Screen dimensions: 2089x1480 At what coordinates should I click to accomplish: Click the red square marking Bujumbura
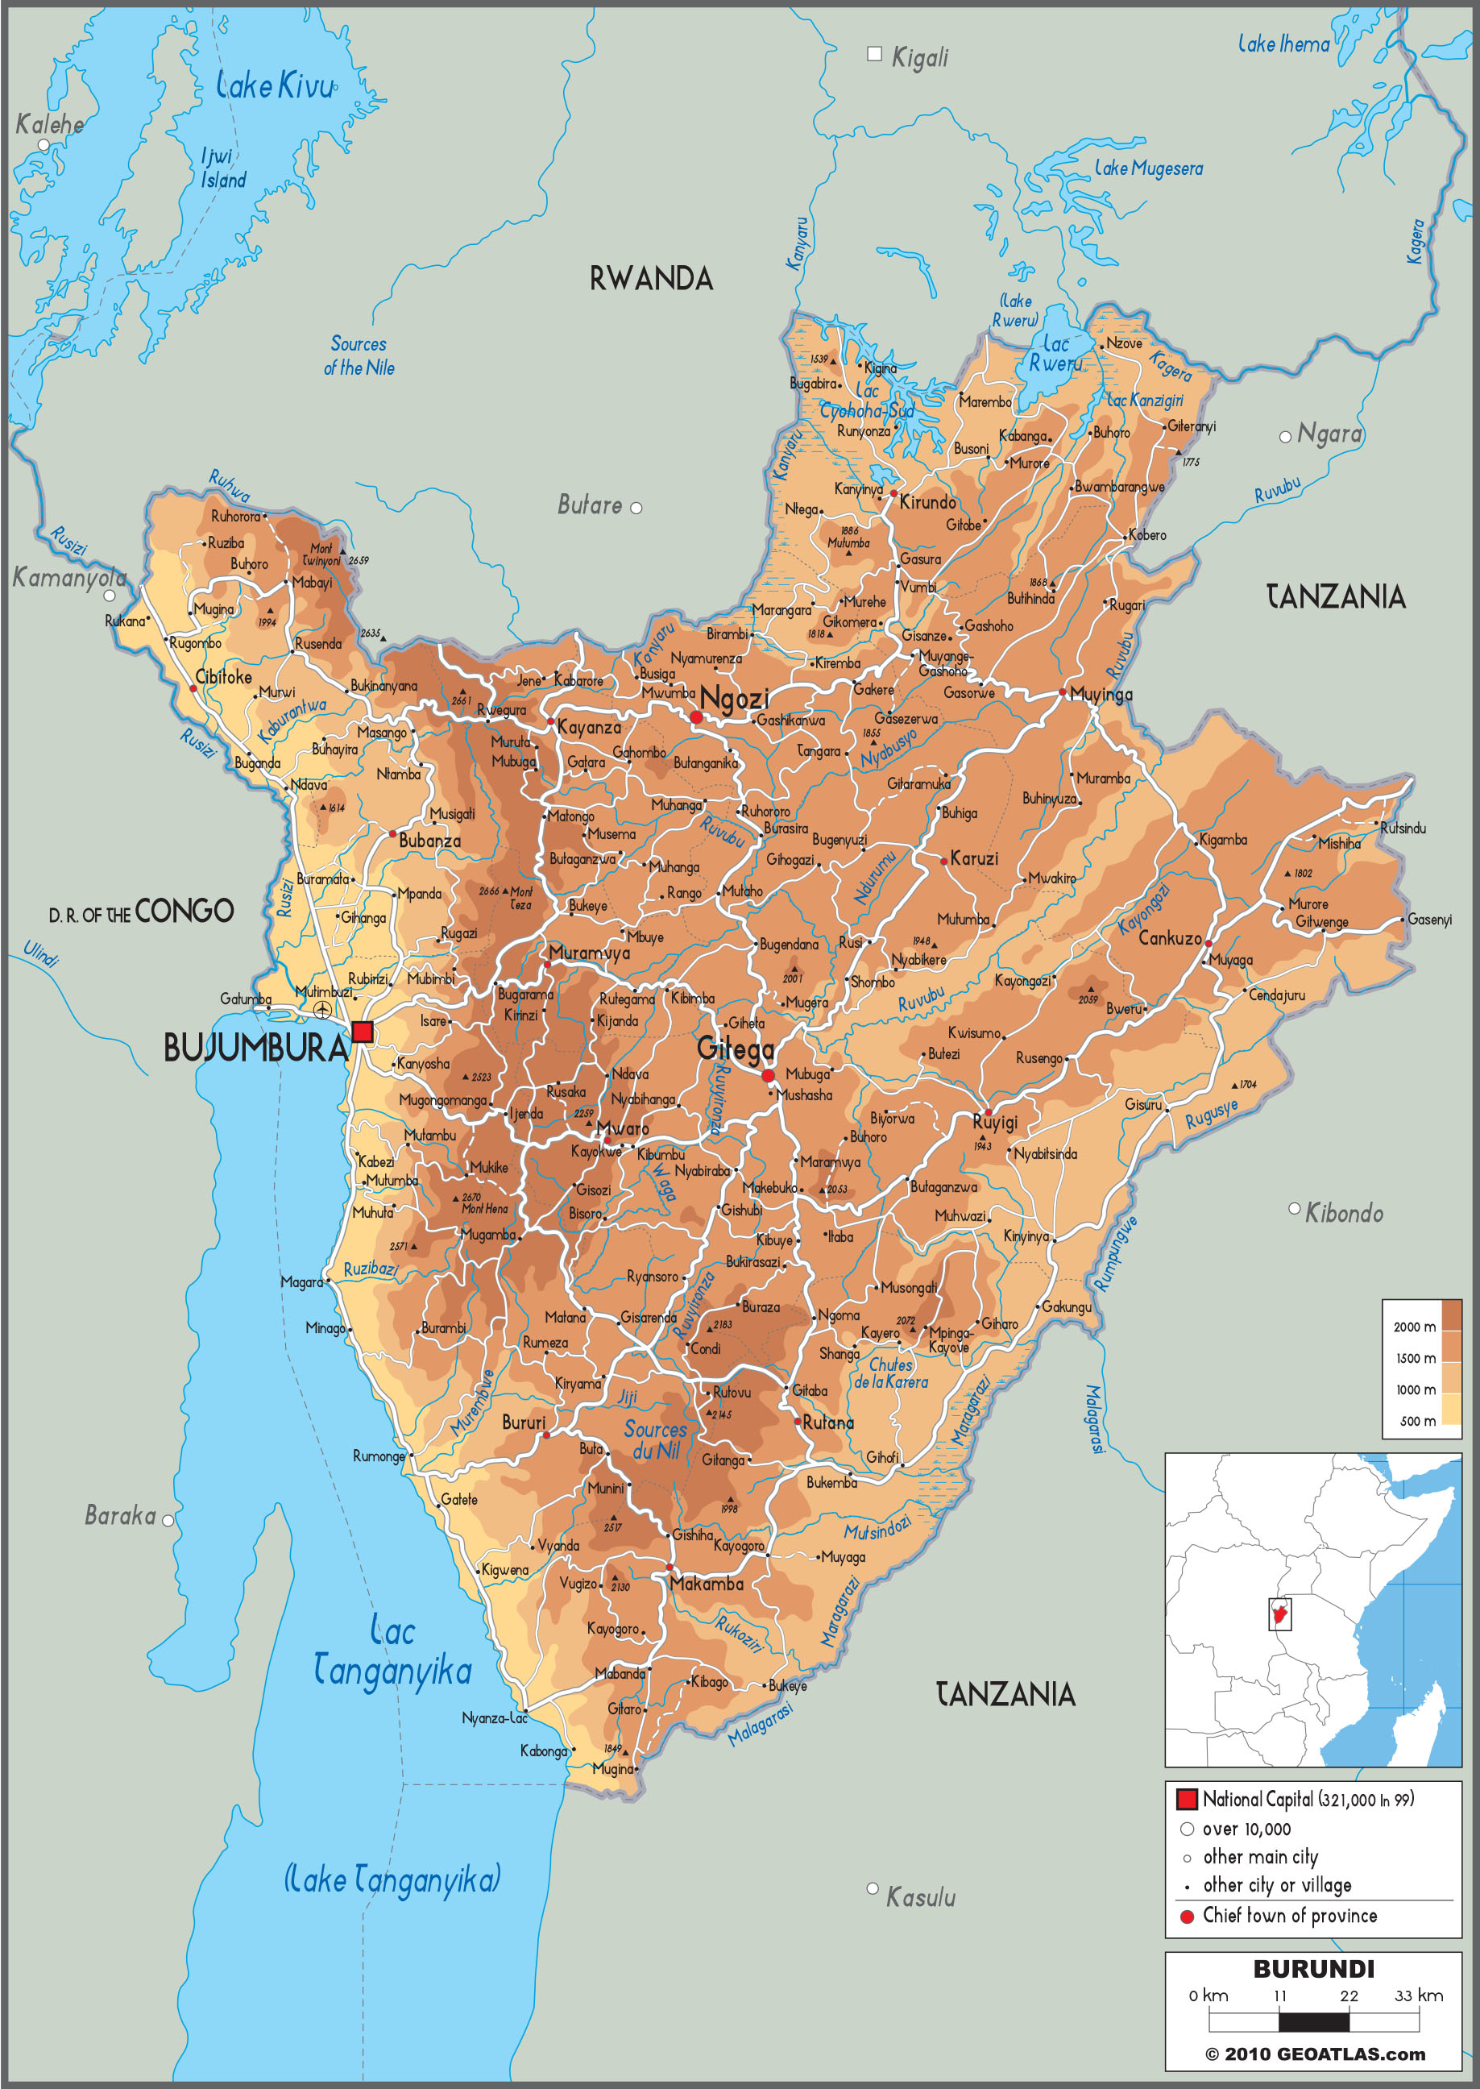point(363,1032)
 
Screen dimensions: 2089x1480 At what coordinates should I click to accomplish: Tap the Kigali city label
point(918,57)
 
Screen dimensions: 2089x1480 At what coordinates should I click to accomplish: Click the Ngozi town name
point(735,699)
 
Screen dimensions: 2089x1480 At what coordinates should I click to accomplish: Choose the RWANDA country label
point(651,279)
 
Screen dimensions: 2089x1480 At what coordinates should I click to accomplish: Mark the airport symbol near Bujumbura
point(322,1010)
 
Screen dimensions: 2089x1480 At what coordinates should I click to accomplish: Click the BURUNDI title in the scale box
point(1313,1969)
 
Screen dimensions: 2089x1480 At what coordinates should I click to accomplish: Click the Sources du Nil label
point(655,1439)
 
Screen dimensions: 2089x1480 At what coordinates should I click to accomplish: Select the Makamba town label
point(707,1584)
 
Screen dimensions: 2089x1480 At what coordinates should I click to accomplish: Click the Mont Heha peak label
point(484,1209)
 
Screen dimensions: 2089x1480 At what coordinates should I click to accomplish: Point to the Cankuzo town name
point(1169,938)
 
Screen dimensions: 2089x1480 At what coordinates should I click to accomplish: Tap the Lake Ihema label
point(1283,43)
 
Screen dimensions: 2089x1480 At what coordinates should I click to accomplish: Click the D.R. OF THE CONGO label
point(141,912)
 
